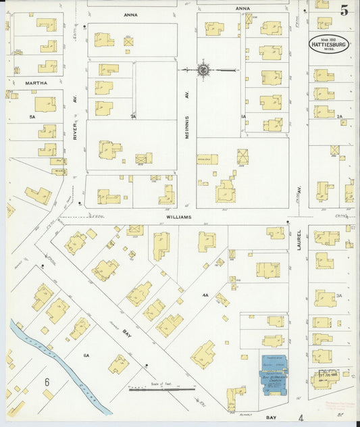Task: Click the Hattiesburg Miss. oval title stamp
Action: [329, 44]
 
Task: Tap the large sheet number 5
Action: [344, 10]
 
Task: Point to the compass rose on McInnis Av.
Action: [203, 69]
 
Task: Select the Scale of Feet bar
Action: [162, 389]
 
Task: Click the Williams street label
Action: [181, 218]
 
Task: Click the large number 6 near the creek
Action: [47, 382]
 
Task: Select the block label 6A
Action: [86, 355]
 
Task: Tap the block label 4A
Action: [205, 295]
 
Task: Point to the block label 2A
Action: [340, 117]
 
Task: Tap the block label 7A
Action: [133, 117]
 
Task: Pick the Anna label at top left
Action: [130, 14]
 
